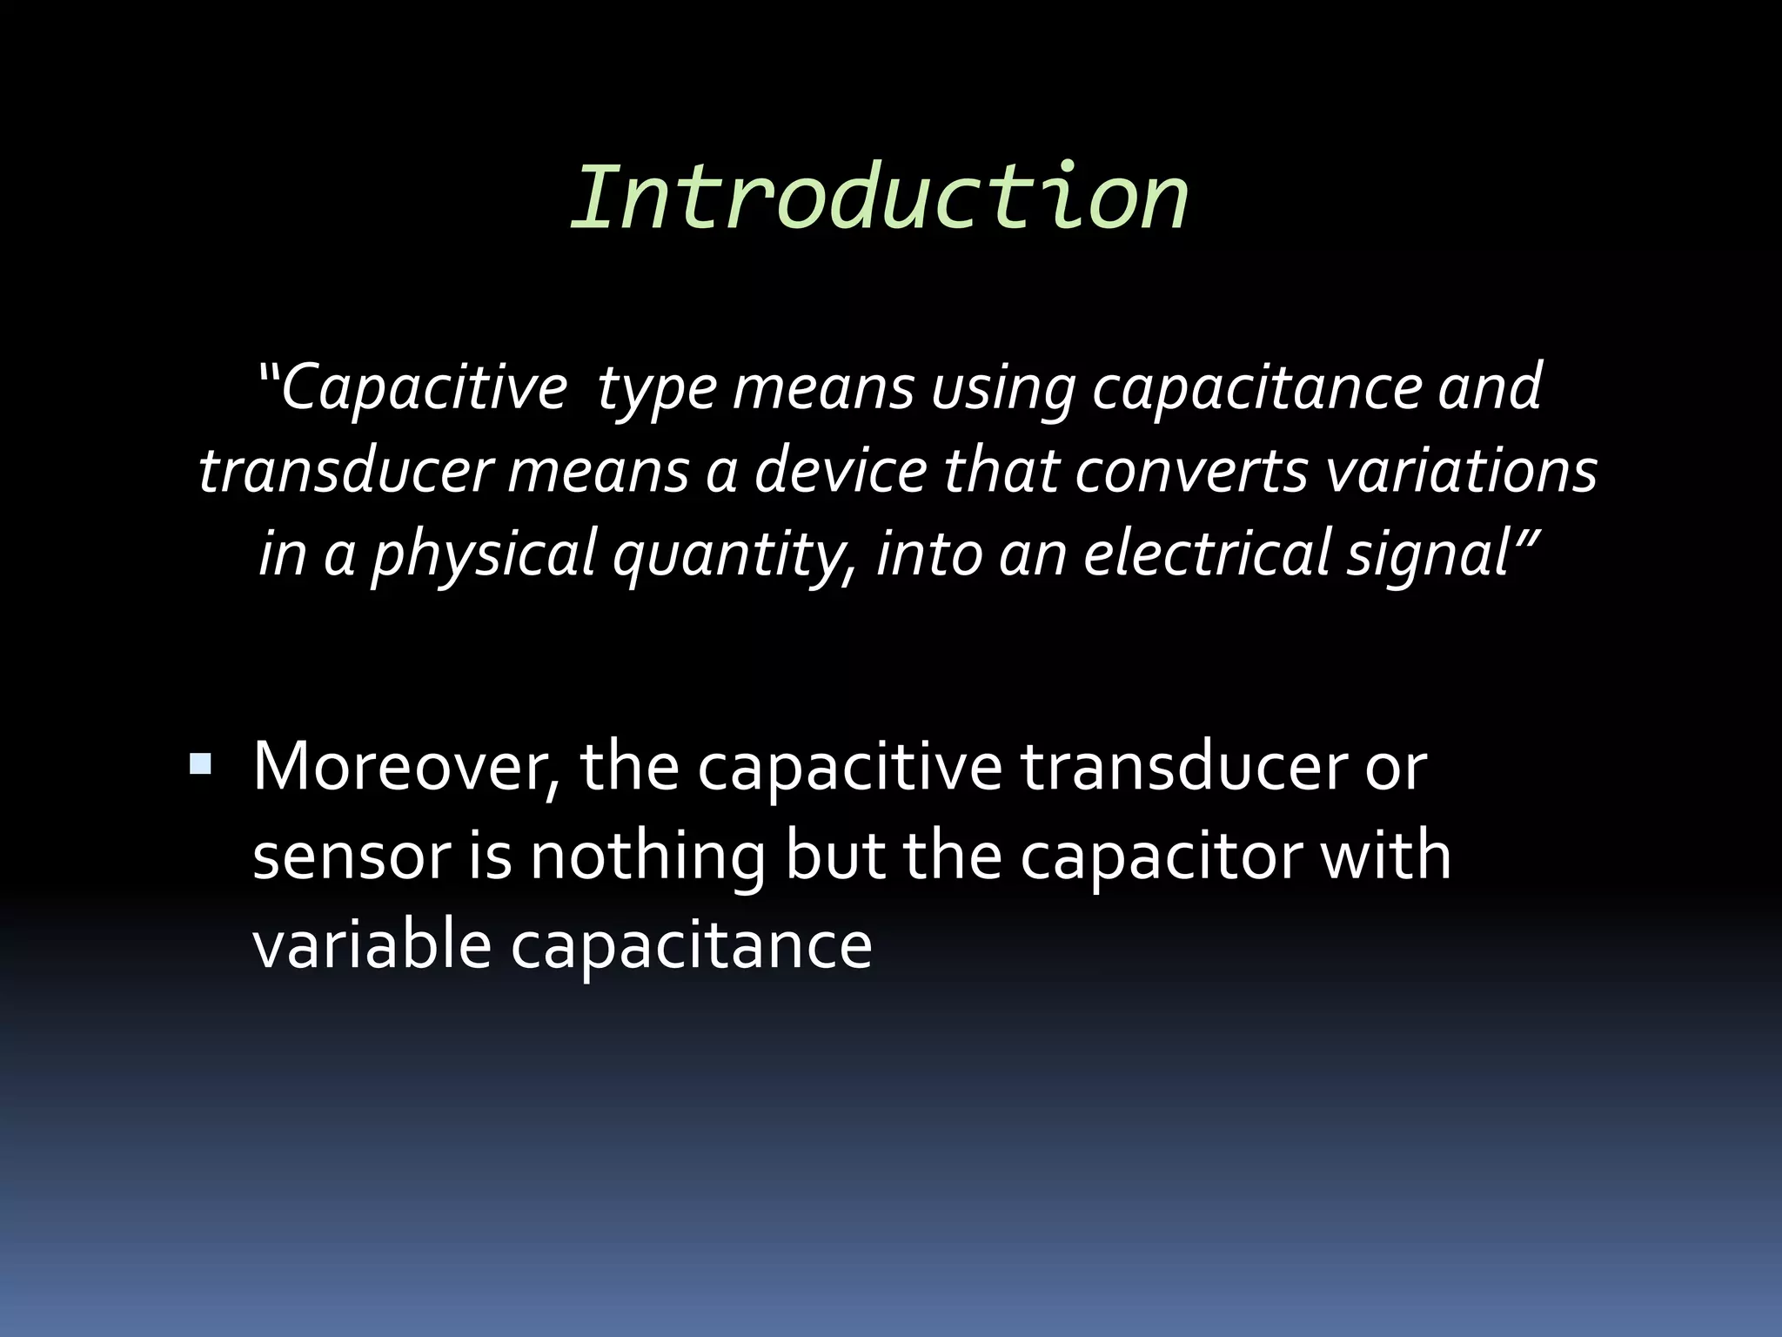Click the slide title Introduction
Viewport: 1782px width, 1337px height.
click(879, 198)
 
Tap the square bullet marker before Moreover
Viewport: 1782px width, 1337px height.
click(200, 765)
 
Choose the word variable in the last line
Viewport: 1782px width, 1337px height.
click(372, 945)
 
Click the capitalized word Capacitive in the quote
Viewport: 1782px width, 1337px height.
click(424, 388)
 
